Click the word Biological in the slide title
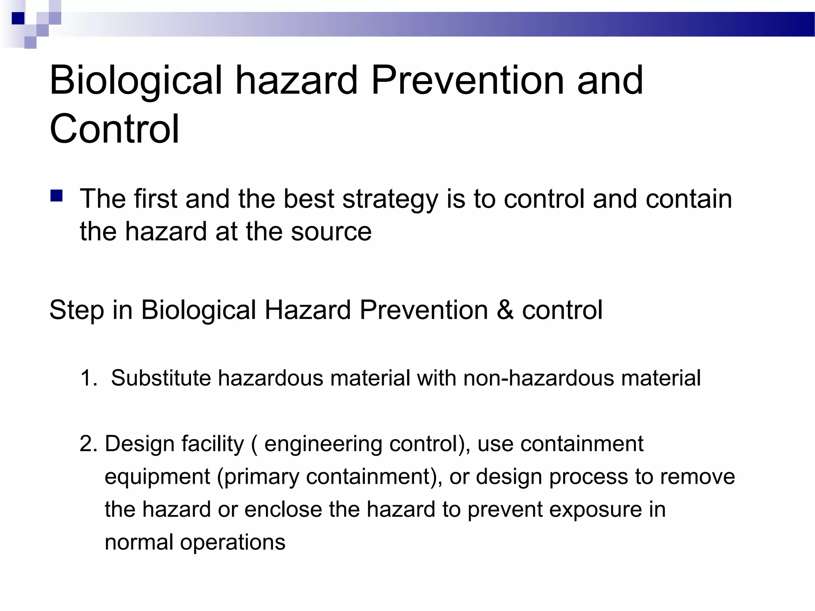(x=135, y=81)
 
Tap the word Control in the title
(x=114, y=129)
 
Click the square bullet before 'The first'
(x=57, y=197)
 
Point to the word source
(x=331, y=232)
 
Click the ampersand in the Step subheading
(x=505, y=310)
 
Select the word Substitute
(x=161, y=378)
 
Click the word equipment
(x=157, y=477)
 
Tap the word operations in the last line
(x=232, y=543)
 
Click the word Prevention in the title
(x=467, y=81)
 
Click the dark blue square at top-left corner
(x=18, y=18)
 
